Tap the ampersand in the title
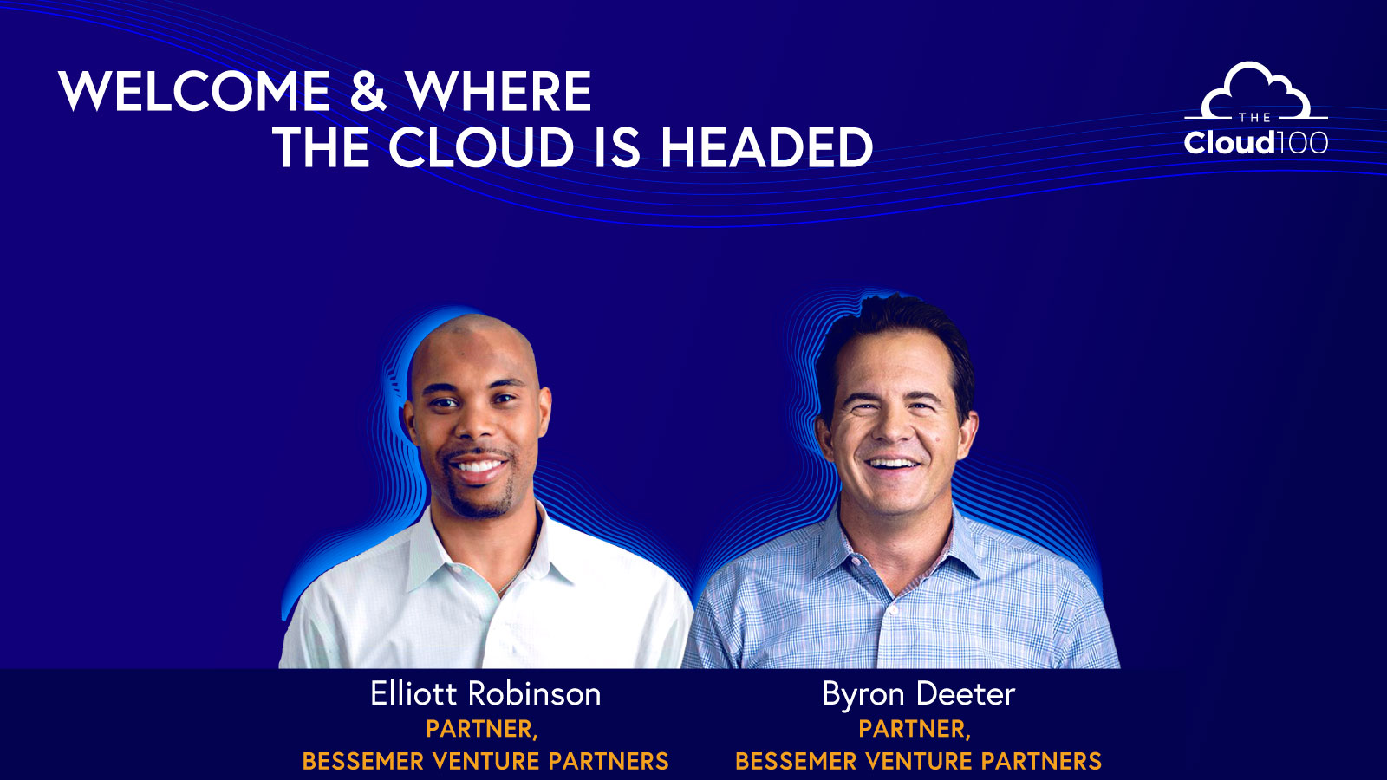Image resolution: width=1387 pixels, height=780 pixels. [x=368, y=92]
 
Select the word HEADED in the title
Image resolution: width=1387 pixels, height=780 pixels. [x=766, y=148]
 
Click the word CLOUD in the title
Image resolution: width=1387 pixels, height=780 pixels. [x=481, y=148]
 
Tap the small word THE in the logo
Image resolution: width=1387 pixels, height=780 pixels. [x=1254, y=117]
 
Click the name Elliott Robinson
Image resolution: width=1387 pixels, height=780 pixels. [x=485, y=694]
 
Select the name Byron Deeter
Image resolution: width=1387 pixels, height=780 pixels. [x=918, y=694]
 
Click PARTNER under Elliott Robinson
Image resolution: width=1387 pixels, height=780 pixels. [x=481, y=729]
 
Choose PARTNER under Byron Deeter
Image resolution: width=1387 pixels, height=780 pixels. [x=914, y=729]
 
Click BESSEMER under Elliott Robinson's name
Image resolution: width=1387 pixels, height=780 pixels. [x=363, y=761]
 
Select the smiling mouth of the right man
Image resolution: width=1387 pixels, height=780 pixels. [x=893, y=464]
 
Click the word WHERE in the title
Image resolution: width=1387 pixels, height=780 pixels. [x=498, y=92]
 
